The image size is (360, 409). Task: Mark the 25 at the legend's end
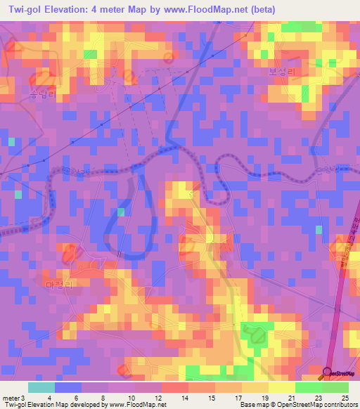point(344,398)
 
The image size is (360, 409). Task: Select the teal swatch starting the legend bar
point(41,387)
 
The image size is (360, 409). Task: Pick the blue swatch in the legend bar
point(67,387)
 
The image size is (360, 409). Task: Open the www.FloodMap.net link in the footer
point(138,405)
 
